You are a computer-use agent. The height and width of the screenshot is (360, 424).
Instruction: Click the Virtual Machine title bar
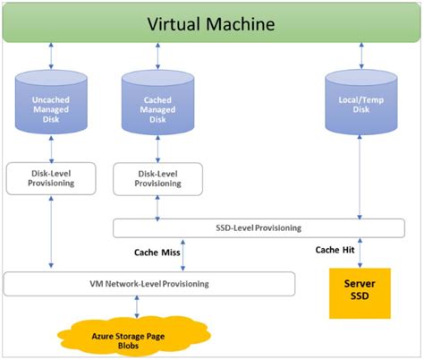(x=211, y=24)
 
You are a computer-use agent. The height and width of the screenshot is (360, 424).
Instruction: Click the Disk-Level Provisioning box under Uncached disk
(x=51, y=177)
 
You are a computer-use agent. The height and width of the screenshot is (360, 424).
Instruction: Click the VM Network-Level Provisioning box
(x=148, y=284)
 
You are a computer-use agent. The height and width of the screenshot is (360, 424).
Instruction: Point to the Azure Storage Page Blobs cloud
(x=136, y=339)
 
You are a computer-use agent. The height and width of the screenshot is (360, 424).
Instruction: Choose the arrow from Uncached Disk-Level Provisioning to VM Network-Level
(x=51, y=231)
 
